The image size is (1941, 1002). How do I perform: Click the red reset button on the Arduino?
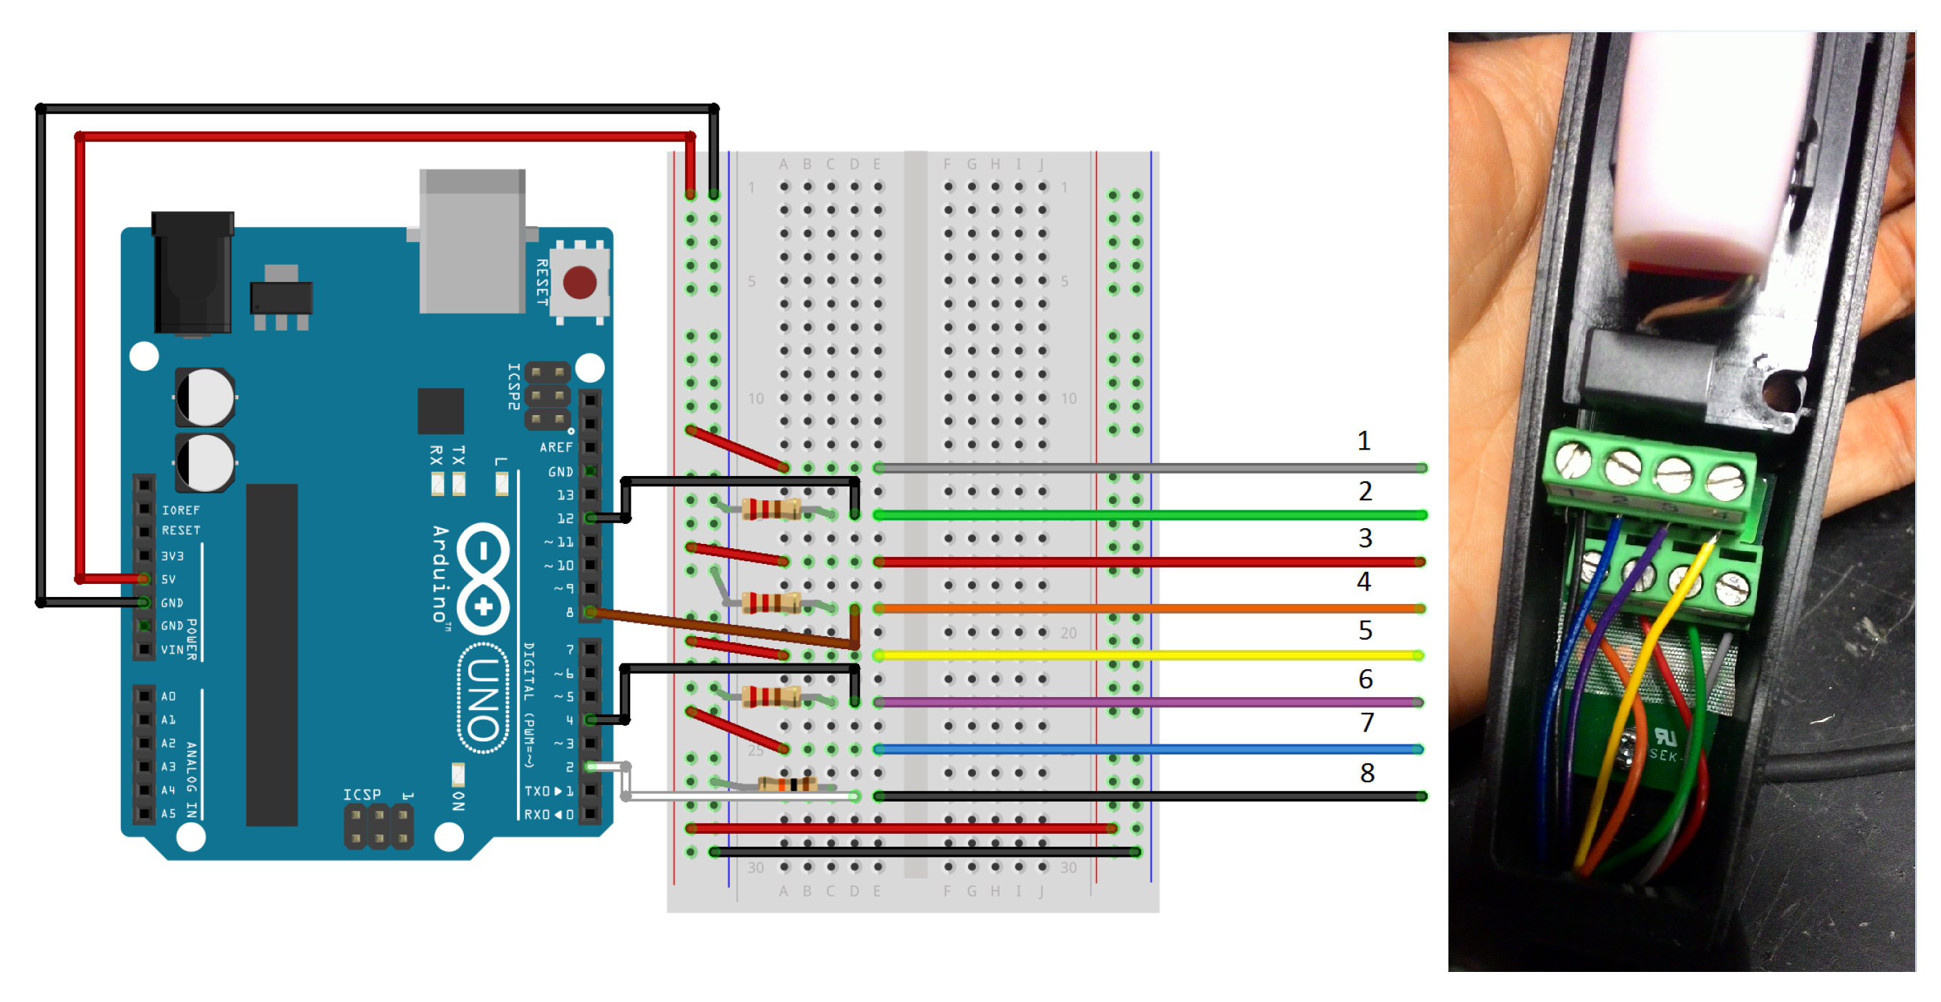click(x=579, y=283)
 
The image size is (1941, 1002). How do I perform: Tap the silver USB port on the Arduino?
click(x=473, y=241)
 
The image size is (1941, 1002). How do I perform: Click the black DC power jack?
click(x=193, y=273)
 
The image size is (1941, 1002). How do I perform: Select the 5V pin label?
click(x=169, y=579)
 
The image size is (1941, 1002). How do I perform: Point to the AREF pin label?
click(x=556, y=447)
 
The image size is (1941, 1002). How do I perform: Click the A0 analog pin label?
click(x=168, y=696)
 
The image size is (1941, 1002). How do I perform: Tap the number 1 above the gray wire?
click(x=1364, y=442)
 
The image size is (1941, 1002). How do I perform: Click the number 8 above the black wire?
click(x=1367, y=773)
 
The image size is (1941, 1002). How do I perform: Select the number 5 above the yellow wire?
click(x=1365, y=631)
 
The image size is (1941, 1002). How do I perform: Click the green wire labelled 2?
click(x=1131, y=515)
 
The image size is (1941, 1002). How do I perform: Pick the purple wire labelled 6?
click(x=1131, y=702)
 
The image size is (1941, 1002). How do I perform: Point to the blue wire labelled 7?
click(x=1131, y=749)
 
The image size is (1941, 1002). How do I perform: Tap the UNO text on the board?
click(x=483, y=699)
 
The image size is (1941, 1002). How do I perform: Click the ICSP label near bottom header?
click(x=362, y=795)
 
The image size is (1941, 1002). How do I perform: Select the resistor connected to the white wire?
click(x=787, y=784)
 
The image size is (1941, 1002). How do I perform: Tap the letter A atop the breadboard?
click(x=784, y=164)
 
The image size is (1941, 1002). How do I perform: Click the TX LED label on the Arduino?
click(x=458, y=454)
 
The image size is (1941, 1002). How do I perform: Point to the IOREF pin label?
click(x=181, y=510)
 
